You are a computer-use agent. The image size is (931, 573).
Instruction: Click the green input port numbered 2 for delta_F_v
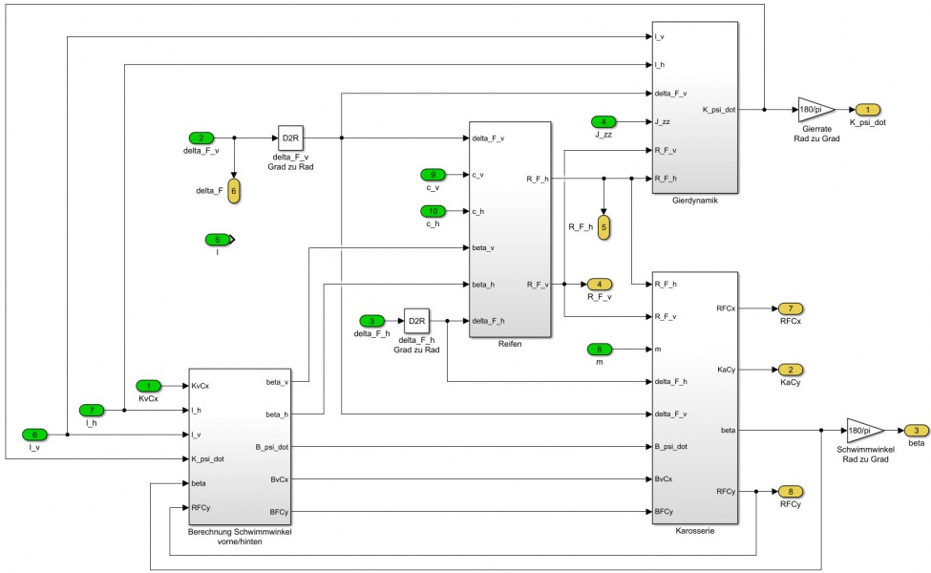pos(201,138)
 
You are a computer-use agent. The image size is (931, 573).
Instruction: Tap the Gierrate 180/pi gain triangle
pos(815,109)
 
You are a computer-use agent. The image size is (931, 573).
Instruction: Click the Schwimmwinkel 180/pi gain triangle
pos(863,430)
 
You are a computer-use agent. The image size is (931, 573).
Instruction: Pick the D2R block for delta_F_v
pos(290,138)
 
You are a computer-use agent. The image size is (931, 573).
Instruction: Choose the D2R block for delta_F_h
pos(416,320)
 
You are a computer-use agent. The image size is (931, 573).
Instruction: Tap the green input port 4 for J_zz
pos(603,121)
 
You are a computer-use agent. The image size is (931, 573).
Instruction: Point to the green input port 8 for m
pos(599,349)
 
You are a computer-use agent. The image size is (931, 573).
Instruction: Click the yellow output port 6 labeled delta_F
pos(234,190)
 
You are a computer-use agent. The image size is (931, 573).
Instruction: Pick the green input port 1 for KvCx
pos(148,386)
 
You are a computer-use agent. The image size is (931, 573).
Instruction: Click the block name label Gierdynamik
pos(693,202)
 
